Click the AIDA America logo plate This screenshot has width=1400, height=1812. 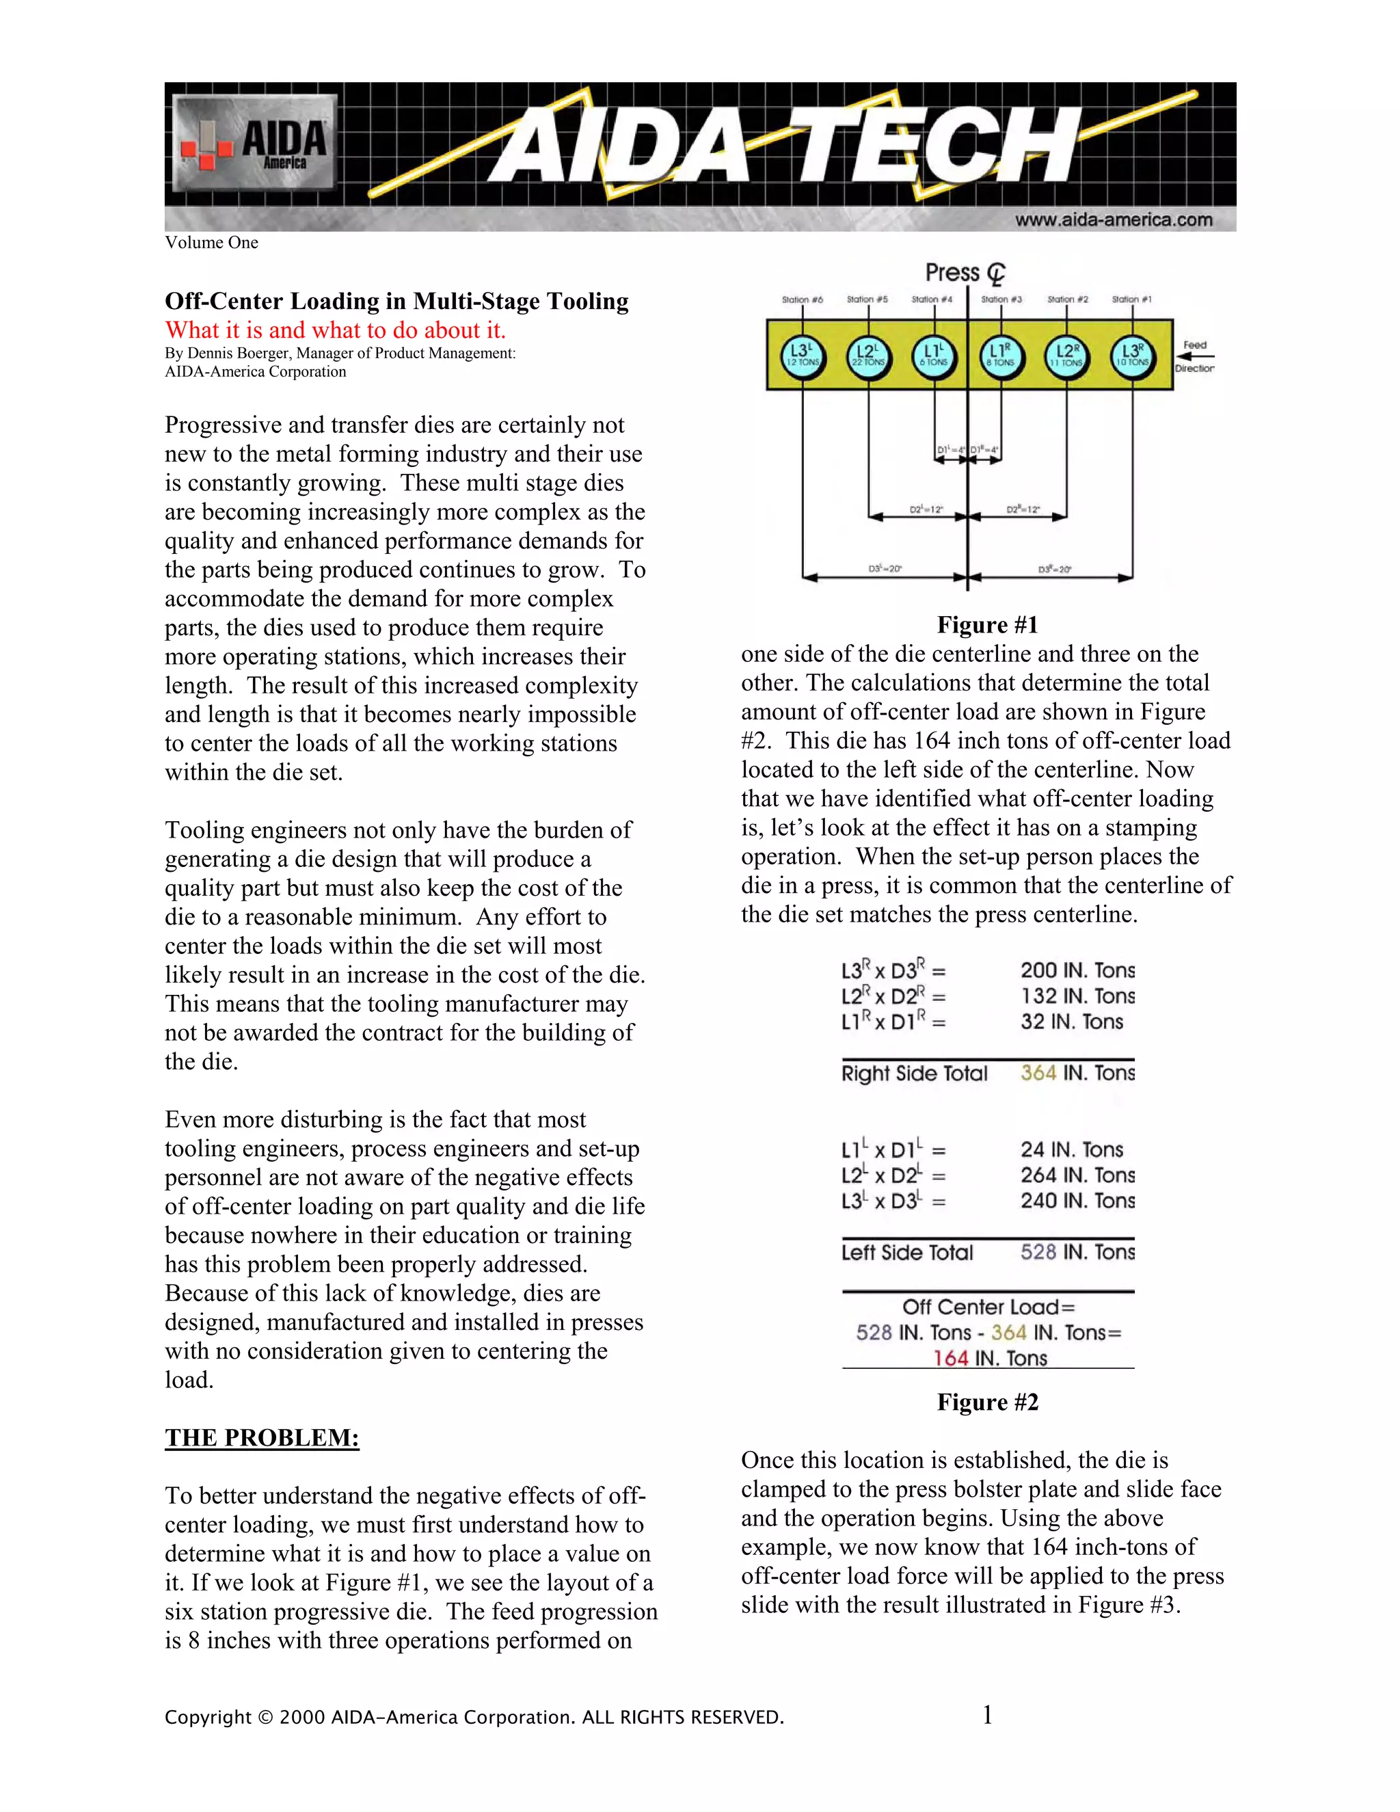[254, 144]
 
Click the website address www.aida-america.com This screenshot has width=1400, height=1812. [1113, 220]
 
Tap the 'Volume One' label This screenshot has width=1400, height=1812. [211, 242]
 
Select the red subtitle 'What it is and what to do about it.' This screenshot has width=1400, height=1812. [335, 330]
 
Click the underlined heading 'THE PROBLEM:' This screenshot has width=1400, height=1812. [262, 1437]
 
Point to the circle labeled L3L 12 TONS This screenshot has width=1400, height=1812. [802, 356]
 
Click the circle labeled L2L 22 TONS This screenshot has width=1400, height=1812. [868, 356]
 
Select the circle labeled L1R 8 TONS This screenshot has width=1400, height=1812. [1000, 356]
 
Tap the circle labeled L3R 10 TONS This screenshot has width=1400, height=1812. [1132, 356]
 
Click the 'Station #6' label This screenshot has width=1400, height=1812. [802, 299]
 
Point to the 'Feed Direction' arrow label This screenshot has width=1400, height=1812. [1194, 357]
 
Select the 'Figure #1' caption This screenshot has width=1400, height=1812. [987, 625]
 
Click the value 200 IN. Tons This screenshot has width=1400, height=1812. [1077, 970]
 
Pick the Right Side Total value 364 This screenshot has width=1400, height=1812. [1038, 1073]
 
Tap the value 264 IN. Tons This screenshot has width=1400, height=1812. [1077, 1175]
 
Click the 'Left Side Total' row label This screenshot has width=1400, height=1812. [906, 1252]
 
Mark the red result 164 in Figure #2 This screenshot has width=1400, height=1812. [950, 1358]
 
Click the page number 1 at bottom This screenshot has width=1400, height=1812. [987, 1715]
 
